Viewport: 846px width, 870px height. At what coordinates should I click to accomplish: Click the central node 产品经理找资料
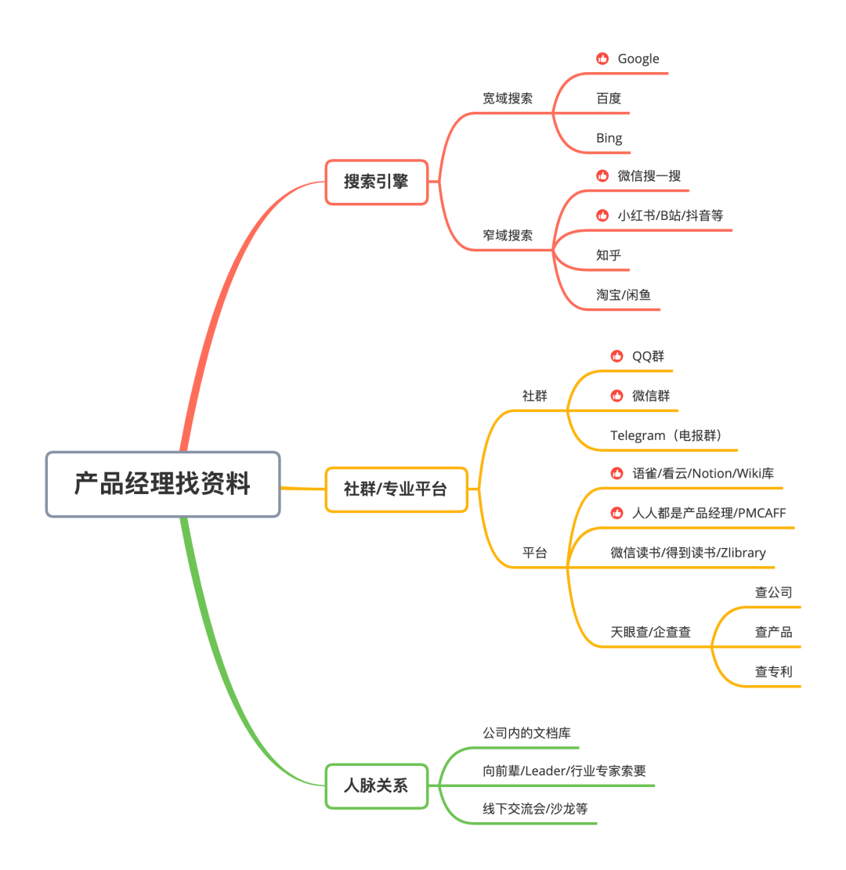[163, 484]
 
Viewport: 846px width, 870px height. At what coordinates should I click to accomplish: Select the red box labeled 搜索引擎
[376, 182]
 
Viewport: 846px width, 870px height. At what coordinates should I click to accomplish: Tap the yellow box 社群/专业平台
[396, 489]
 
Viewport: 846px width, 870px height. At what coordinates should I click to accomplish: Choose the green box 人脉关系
[376, 785]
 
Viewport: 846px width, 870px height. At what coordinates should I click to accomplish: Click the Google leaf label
[638, 59]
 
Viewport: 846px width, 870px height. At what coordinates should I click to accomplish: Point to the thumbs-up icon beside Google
[602, 59]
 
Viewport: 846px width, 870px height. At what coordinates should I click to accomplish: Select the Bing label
[609, 139]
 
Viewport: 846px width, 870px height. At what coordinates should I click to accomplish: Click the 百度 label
[609, 99]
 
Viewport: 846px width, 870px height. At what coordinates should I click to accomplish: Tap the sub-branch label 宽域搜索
[508, 99]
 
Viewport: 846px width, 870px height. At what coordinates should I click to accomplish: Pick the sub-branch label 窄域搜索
[508, 235]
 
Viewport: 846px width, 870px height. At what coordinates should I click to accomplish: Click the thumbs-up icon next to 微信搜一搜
[602, 176]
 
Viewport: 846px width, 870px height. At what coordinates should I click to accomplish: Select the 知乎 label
[609, 255]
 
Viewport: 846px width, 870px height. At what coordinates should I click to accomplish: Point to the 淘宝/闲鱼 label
[624, 295]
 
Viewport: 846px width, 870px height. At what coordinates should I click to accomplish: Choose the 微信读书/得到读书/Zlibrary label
[688, 553]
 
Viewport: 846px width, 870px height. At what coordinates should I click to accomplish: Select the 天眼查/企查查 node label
[650, 632]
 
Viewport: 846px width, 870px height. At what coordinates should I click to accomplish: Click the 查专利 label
[773, 671]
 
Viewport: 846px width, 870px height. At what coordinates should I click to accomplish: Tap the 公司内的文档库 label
[526, 734]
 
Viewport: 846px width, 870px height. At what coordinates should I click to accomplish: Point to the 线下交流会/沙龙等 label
[535, 808]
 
